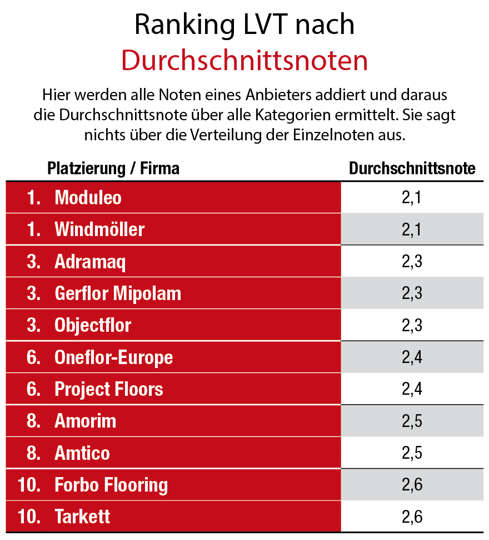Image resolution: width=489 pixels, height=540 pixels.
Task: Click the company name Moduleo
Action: coord(88,198)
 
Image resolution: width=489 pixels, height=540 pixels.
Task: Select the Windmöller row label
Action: coord(99,229)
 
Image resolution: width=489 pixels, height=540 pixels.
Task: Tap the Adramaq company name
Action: coord(90,262)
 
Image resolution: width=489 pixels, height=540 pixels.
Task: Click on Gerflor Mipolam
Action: coord(118,293)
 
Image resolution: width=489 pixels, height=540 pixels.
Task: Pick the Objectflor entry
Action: coord(93,325)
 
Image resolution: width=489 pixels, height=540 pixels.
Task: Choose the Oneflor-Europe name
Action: coord(113,357)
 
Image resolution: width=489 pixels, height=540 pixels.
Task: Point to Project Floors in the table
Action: coord(109,389)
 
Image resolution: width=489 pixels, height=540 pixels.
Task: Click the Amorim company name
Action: coord(85,421)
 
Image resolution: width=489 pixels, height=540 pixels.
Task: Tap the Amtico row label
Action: coord(82,453)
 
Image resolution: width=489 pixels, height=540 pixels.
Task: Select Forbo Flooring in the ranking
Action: coord(111,485)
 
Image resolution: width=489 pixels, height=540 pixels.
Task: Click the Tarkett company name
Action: coord(82,517)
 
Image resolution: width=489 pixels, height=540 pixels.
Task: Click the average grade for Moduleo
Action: coord(412,198)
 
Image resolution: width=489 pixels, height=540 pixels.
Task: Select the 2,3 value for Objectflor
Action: coord(412,325)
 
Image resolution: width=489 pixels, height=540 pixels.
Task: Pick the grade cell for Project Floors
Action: coord(412,389)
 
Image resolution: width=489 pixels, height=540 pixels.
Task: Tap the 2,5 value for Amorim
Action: coord(412,421)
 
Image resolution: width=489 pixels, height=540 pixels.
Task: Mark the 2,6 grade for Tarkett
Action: coord(412,517)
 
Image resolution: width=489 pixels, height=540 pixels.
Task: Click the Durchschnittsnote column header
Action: coord(412,169)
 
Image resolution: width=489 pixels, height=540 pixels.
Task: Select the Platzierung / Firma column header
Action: coord(113,169)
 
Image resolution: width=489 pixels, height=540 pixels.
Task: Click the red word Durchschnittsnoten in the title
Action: coord(244,61)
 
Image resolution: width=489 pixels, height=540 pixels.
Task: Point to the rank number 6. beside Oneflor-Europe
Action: coord(33,357)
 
